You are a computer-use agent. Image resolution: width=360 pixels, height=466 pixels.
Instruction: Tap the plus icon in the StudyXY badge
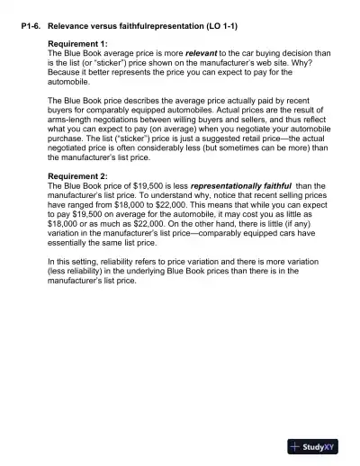pyautogui.click(x=296, y=446)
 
